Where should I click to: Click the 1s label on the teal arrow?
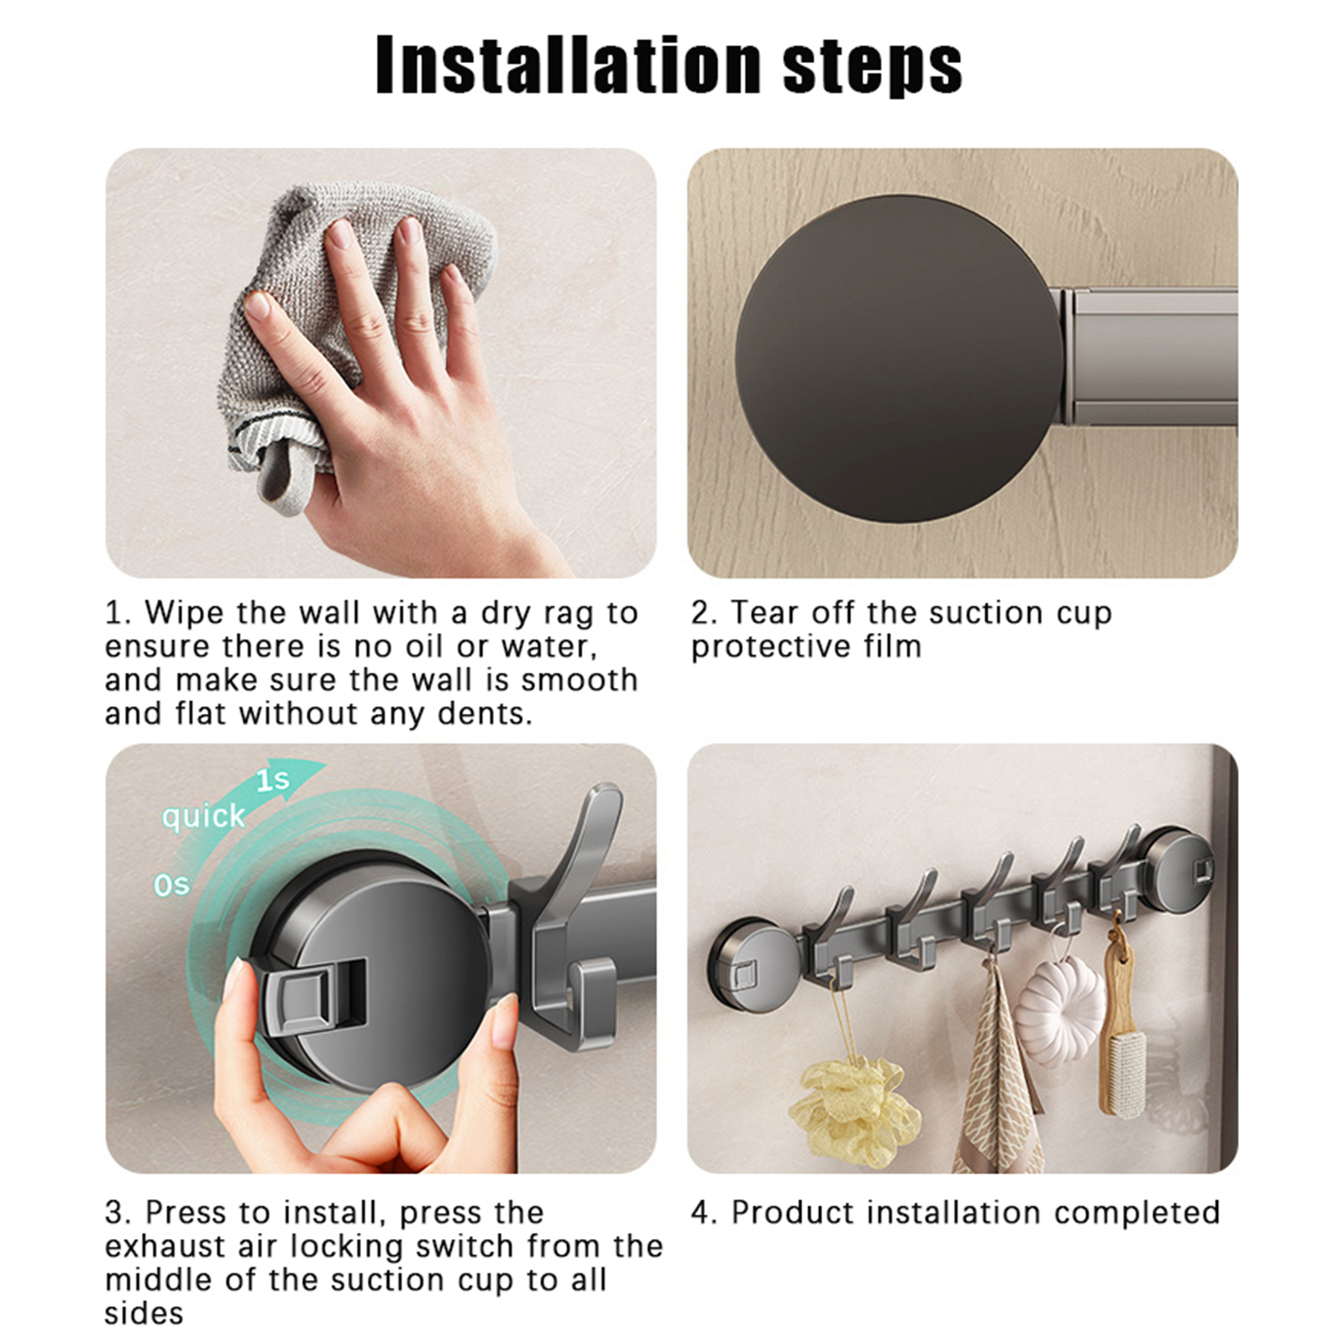click(x=272, y=780)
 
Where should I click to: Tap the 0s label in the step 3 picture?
click(x=171, y=885)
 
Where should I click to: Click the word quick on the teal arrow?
click(x=203, y=816)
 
